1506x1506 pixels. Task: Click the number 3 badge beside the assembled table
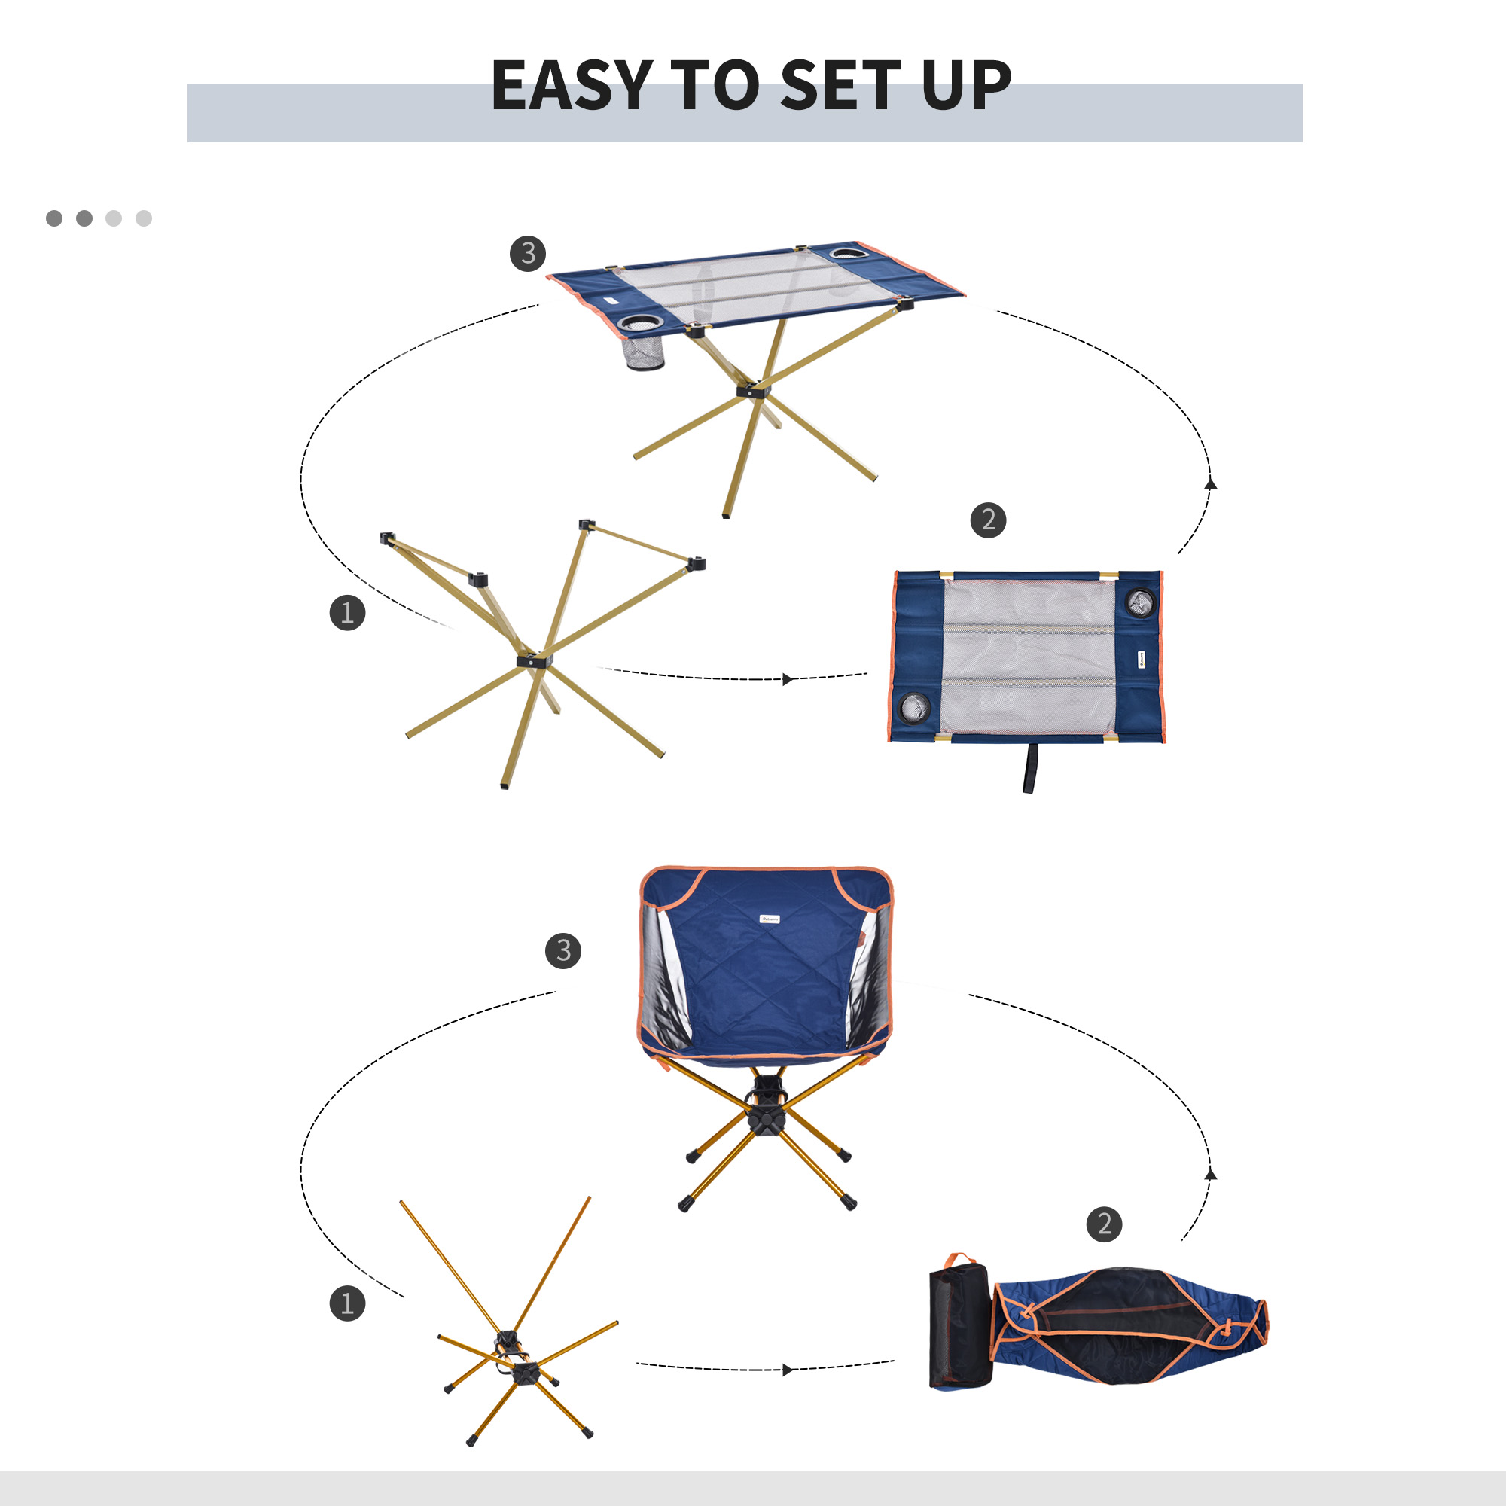click(x=528, y=253)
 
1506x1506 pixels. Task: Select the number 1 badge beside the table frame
click(x=348, y=613)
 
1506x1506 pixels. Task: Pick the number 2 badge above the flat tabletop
click(x=989, y=519)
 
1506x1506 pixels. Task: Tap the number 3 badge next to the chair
click(x=562, y=951)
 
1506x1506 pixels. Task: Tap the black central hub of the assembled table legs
click(x=751, y=390)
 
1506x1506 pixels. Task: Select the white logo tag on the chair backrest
click(x=770, y=919)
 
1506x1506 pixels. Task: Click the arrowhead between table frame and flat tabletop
click(x=788, y=679)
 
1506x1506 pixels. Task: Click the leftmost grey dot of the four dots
click(x=53, y=218)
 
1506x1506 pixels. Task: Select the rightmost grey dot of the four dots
click(x=143, y=218)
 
